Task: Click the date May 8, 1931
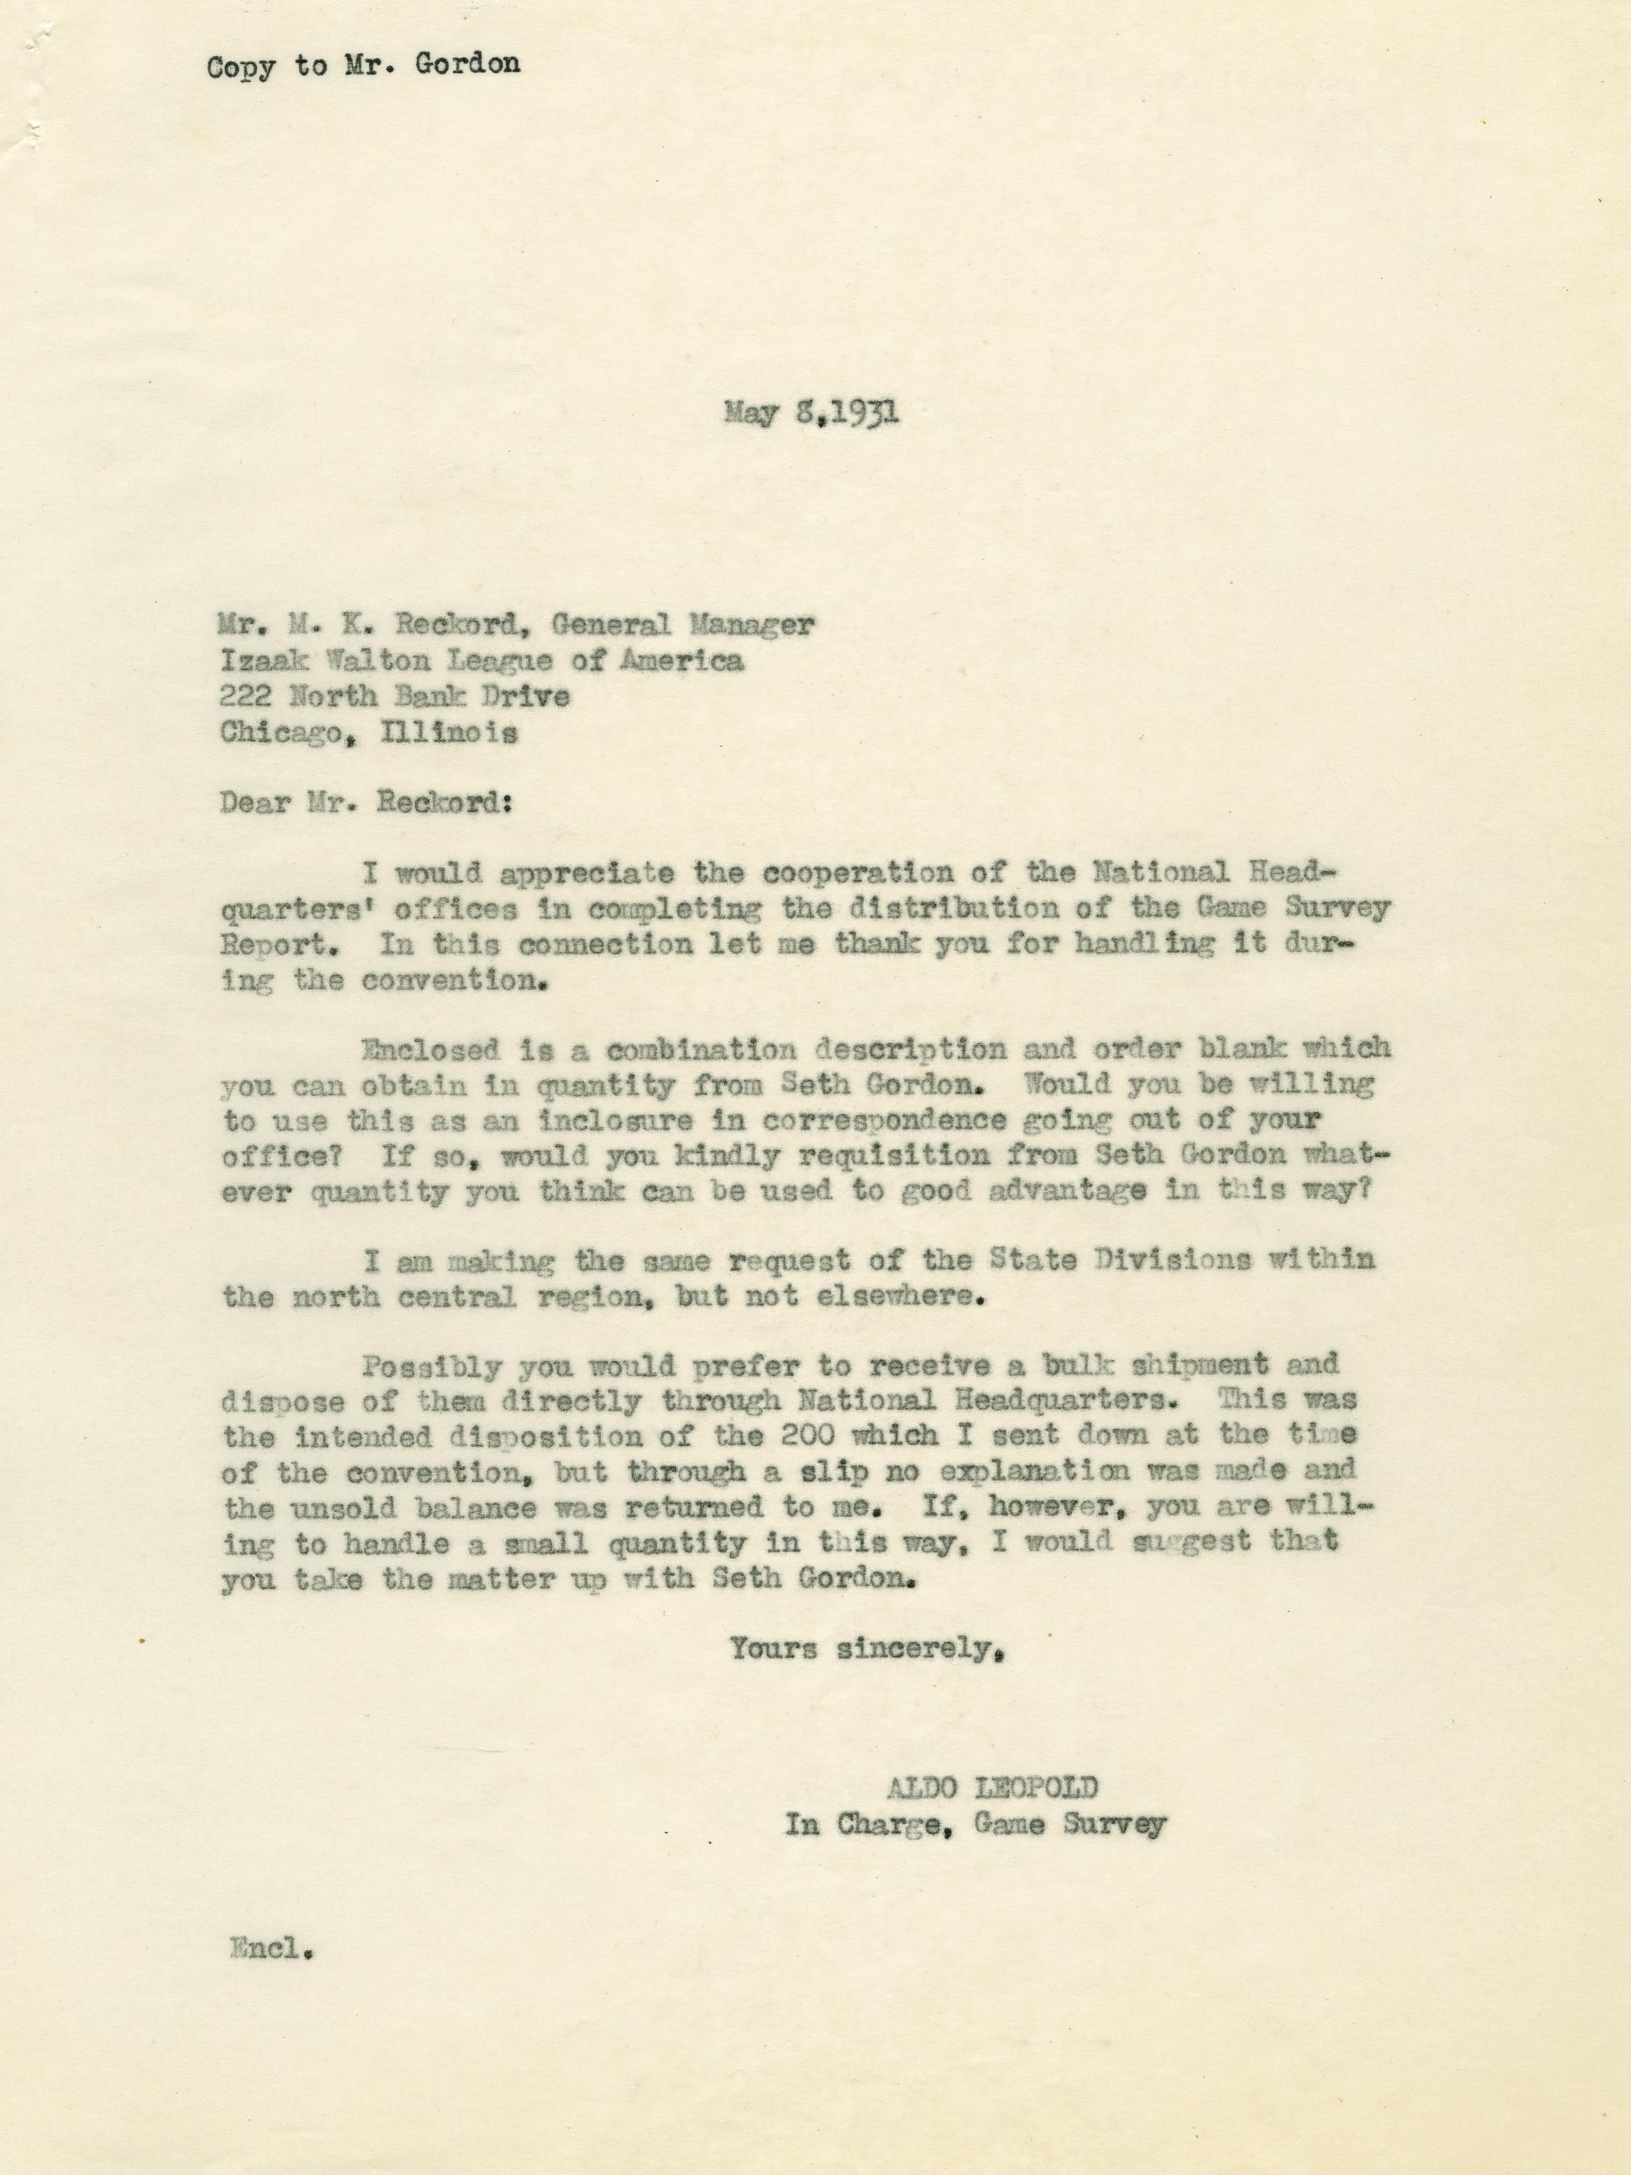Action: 811,413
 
